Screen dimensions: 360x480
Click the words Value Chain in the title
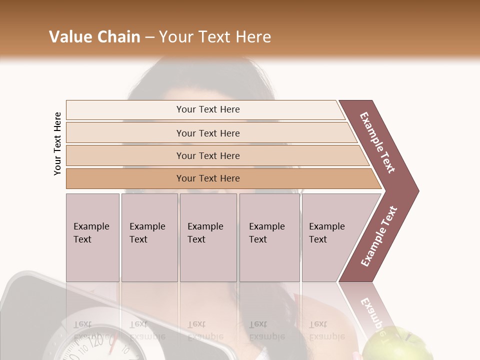(94, 37)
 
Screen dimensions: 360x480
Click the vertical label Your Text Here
(57, 143)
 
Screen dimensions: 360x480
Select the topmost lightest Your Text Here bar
(207, 109)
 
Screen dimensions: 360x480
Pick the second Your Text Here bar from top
(207, 133)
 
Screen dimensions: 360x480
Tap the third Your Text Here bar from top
(207, 155)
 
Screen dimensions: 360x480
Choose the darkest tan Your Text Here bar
(207, 178)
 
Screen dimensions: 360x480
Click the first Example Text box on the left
(92, 237)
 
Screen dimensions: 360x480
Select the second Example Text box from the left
(149, 237)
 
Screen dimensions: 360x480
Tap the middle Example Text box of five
(208, 237)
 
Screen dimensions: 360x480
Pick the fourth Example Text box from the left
(269, 237)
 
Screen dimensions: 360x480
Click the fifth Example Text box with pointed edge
(330, 237)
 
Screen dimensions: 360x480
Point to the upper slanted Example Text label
(377, 142)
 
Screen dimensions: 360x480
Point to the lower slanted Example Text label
(378, 236)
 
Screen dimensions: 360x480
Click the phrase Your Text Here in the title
(215, 37)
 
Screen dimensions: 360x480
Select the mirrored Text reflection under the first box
(82, 324)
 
